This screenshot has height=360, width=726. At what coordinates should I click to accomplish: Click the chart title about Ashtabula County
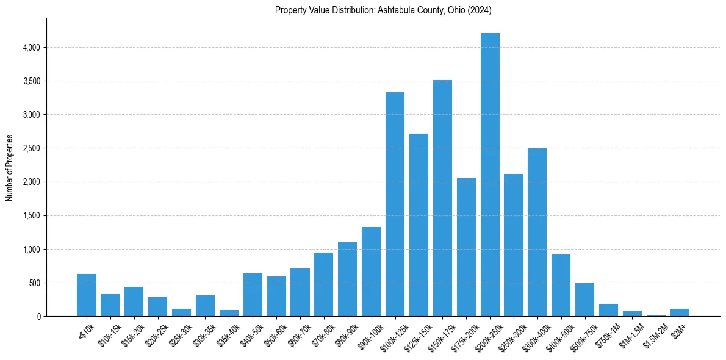click(x=383, y=10)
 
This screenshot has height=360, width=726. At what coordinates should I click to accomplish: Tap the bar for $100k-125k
click(x=395, y=204)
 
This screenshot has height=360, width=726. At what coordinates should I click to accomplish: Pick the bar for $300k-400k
click(x=537, y=232)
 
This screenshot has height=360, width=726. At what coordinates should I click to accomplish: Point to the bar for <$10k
click(x=87, y=295)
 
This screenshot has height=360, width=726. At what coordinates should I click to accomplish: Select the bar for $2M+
click(x=680, y=312)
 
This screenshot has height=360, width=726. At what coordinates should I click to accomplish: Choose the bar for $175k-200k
click(x=466, y=247)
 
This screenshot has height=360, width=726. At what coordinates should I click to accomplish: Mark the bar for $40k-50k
click(x=253, y=295)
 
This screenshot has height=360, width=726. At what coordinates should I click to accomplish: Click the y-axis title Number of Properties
click(x=10, y=168)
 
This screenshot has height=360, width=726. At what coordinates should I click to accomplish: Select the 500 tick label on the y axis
click(x=34, y=283)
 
